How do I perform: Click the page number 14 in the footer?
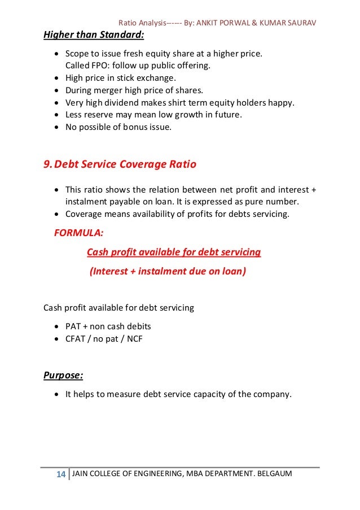(60, 473)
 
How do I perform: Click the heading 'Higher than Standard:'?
(94, 36)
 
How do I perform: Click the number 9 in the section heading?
(47, 165)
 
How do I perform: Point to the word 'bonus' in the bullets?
(134, 127)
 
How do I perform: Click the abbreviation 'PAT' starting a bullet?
(73, 326)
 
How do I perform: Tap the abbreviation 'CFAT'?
(76, 339)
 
